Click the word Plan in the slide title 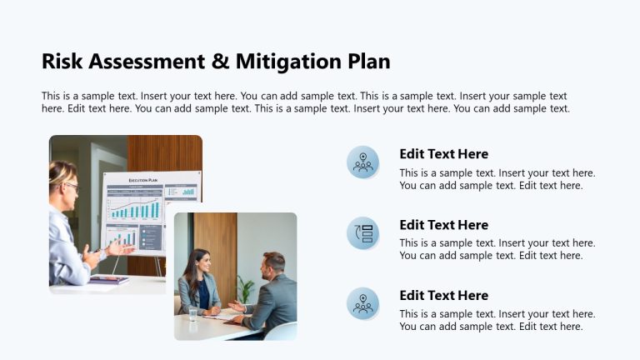(x=367, y=62)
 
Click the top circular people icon (x=362, y=162)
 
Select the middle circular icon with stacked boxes (x=362, y=233)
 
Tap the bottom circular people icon (x=362, y=303)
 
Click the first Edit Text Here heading (x=443, y=154)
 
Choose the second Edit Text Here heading (x=443, y=225)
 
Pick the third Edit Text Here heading (x=443, y=296)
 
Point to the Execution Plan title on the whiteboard (x=143, y=180)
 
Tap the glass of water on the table (x=193, y=313)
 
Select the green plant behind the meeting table (x=245, y=288)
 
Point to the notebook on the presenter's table (x=107, y=280)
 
